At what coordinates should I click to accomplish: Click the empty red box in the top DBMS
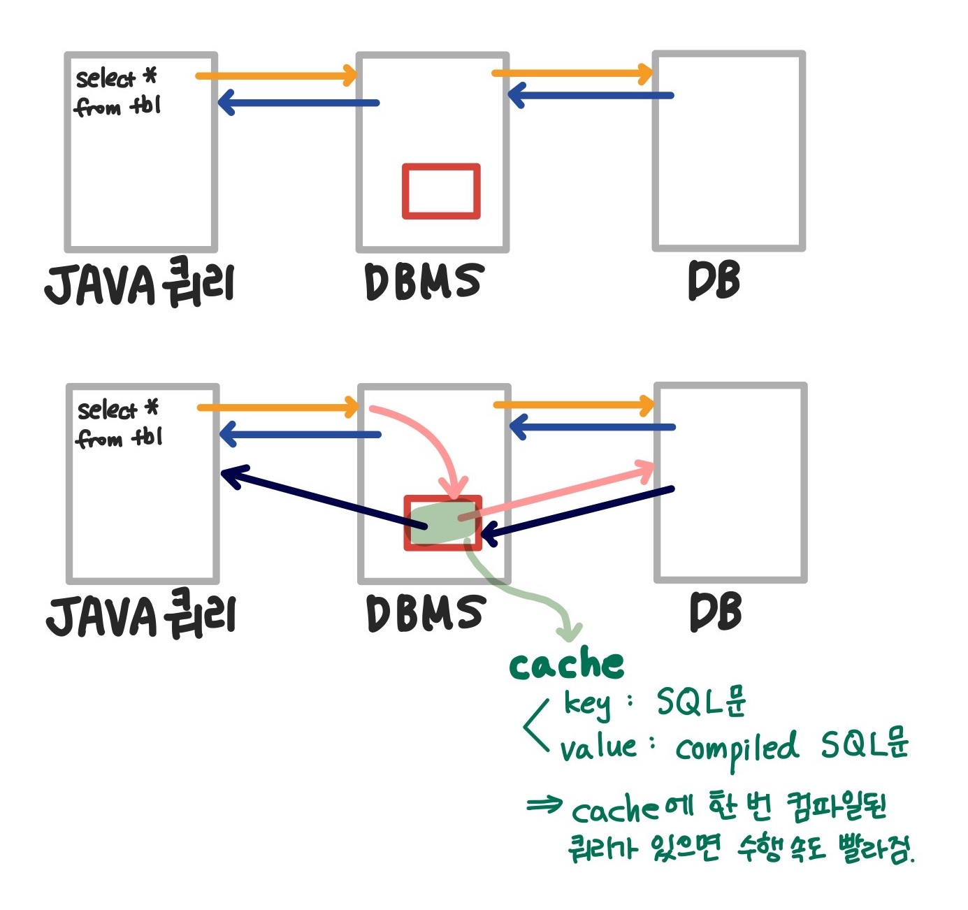pyautogui.click(x=441, y=191)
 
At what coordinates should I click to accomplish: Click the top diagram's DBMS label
pyautogui.click(x=424, y=281)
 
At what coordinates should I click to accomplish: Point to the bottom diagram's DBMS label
pyautogui.click(x=426, y=613)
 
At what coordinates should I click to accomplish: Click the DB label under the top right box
pyautogui.click(x=714, y=280)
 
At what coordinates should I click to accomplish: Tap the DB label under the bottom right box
pyautogui.click(x=715, y=612)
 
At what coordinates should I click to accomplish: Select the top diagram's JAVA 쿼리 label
pyautogui.click(x=140, y=284)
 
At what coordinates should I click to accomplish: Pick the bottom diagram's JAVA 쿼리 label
pyautogui.click(x=141, y=615)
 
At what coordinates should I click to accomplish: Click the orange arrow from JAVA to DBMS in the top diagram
pyautogui.click(x=276, y=75)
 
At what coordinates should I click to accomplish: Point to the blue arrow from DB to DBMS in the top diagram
pyautogui.click(x=591, y=95)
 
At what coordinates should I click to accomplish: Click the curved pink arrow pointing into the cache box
pyautogui.click(x=426, y=433)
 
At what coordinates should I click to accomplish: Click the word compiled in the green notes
pyautogui.click(x=736, y=748)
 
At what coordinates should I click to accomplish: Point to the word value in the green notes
pyautogui.click(x=598, y=748)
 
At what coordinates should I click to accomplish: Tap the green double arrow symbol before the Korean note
pyautogui.click(x=544, y=805)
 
